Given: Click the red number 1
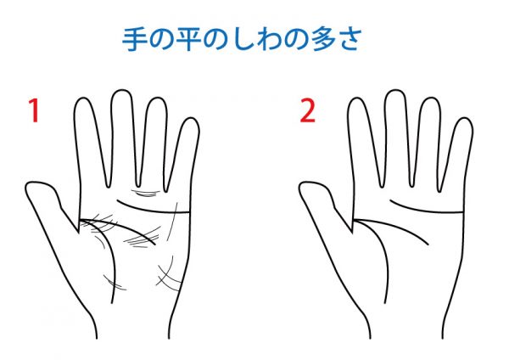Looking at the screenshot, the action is click(34, 110).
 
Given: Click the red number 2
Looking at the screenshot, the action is click(307, 110).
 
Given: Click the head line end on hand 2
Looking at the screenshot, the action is click(428, 245).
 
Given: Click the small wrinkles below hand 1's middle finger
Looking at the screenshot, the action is click(146, 194).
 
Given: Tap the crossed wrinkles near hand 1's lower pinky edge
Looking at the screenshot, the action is click(169, 276).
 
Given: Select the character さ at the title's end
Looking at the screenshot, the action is click(350, 39).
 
